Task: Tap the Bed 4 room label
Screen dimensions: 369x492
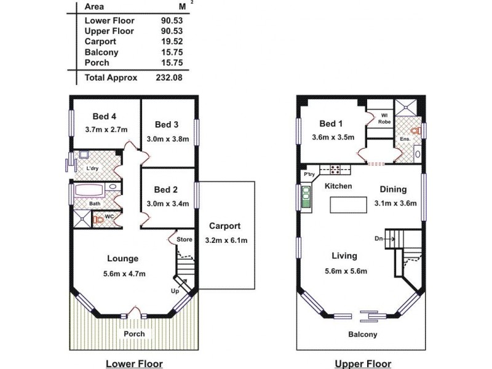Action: tap(105, 116)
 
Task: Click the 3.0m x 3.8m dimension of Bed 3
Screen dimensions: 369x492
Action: tap(168, 138)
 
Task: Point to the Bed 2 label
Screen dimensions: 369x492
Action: tap(166, 189)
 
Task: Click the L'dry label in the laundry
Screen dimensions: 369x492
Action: tap(93, 168)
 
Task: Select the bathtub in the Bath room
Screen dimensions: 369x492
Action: tap(91, 191)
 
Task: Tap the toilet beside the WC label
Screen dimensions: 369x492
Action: tap(98, 219)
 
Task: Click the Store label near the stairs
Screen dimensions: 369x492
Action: tap(184, 239)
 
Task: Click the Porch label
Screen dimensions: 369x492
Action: tap(134, 334)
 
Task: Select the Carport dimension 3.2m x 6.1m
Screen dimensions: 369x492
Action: tap(226, 240)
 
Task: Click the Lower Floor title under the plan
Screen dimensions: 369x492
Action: tap(134, 363)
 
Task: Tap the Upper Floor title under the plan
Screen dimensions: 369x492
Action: tap(362, 363)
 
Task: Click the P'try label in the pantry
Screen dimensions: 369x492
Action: tap(309, 175)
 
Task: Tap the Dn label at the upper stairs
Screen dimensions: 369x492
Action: tap(379, 238)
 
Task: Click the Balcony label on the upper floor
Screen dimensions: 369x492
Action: tap(362, 335)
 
